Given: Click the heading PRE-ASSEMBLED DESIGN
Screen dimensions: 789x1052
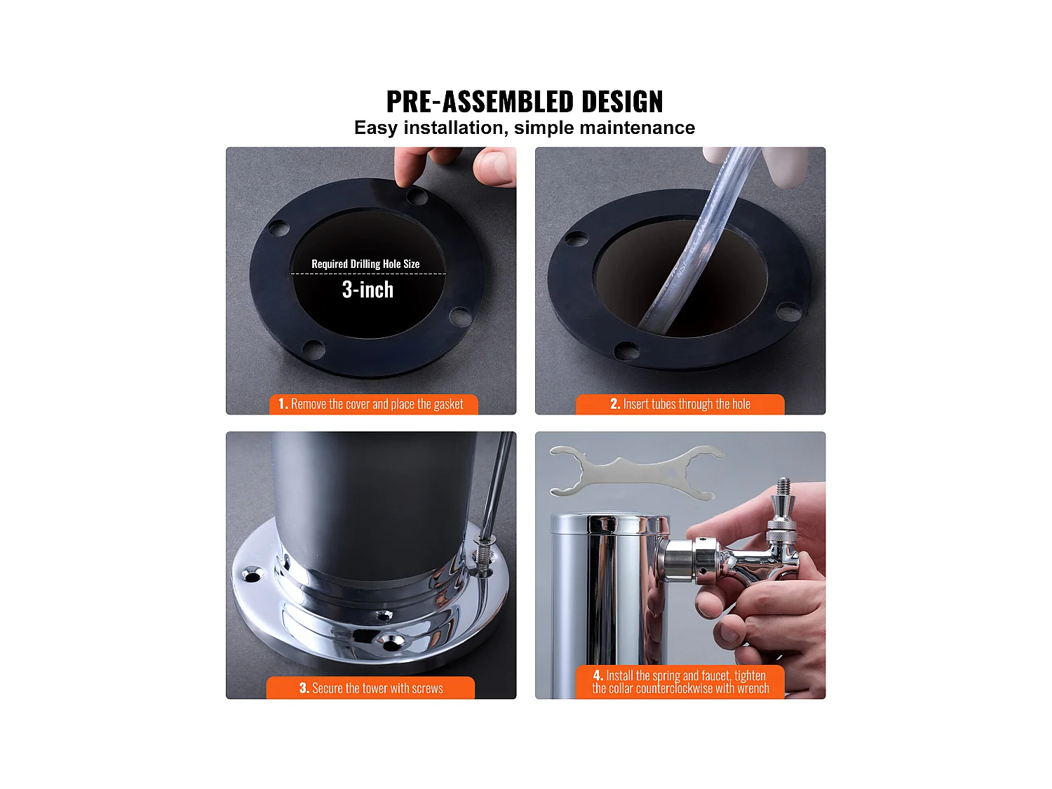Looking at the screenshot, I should (x=525, y=102).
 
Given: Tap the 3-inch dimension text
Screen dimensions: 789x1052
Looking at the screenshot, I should (x=367, y=290).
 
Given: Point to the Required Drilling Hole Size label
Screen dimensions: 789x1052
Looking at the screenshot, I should (x=365, y=264).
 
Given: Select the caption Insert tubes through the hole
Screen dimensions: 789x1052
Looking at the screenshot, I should (x=680, y=404).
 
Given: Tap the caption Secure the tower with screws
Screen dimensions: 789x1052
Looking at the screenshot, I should (x=371, y=688).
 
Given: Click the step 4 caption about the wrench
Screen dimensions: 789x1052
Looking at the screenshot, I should (x=680, y=682).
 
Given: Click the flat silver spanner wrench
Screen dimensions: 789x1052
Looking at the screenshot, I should (x=635, y=472).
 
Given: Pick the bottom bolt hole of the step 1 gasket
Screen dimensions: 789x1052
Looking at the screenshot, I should (x=313, y=348).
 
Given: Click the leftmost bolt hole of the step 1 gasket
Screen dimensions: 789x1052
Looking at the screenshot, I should (x=278, y=228).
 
